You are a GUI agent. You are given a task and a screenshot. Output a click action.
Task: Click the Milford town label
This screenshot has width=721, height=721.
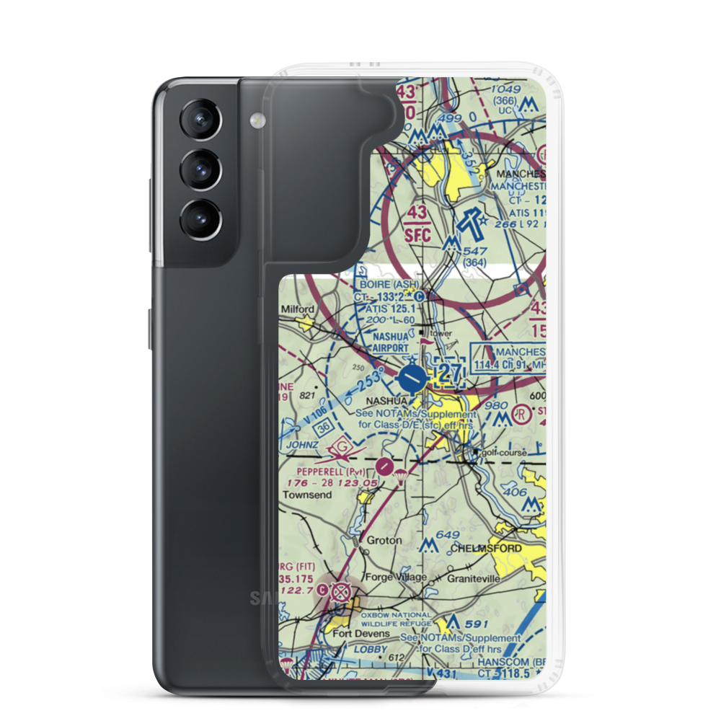click(x=297, y=309)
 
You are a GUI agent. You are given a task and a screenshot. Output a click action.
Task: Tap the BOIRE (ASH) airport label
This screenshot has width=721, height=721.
click(x=386, y=284)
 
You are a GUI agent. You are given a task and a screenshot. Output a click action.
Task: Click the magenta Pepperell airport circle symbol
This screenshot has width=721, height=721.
click(x=386, y=466)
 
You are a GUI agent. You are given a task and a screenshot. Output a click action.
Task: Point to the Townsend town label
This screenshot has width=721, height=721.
click(x=306, y=496)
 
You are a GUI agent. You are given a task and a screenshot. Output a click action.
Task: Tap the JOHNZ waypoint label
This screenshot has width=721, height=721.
click(x=303, y=446)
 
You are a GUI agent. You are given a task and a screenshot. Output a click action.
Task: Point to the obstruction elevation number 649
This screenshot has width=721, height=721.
click(x=448, y=535)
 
